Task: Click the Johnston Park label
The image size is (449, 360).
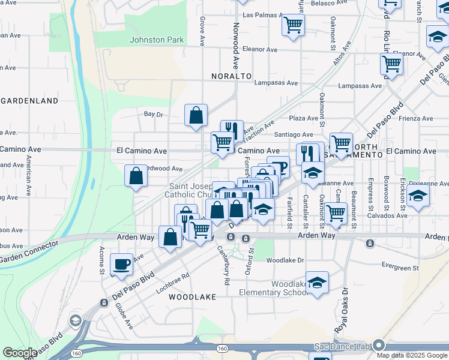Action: pyautogui.click(x=157, y=40)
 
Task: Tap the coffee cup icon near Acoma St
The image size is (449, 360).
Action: pyautogui.click(x=122, y=263)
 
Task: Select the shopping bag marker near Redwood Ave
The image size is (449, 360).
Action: pyautogui.click(x=136, y=175)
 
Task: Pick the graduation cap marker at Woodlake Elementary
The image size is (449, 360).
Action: pyautogui.click(x=317, y=282)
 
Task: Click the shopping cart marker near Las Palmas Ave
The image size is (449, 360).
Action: pyautogui.click(x=293, y=25)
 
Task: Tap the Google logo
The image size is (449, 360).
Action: pyautogui.click(x=20, y=353)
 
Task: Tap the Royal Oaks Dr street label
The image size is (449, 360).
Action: pyautogui.click(x=342, y=312)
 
